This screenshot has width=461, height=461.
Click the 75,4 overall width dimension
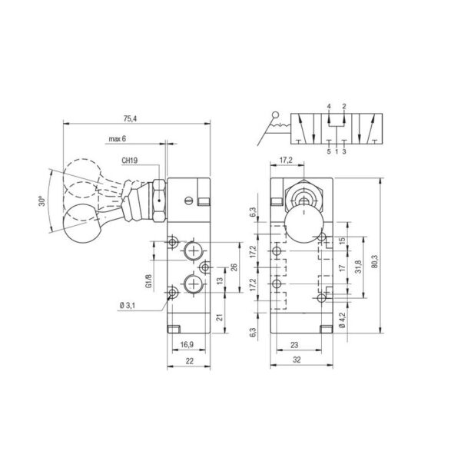(x=131, y=119)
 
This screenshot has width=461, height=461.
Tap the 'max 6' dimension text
(x=117, y=139)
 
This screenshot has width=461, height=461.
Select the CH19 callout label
(x=130, y=161)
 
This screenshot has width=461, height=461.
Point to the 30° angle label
(x=42, y=201)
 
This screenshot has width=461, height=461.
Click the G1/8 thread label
(x=149, y=281)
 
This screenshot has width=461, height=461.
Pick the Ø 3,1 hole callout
(x=128, y=306)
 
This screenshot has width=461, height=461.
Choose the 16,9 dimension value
(x=187, y=344)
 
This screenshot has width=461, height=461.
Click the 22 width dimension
(x=190, y=361)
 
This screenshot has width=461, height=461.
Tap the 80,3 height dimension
(x=375, y=261)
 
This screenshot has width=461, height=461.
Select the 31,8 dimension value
(x=358, y=267)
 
